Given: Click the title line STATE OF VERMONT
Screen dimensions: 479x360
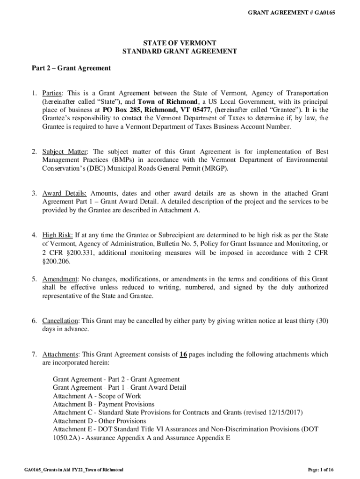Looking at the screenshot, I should [x=180, y=43].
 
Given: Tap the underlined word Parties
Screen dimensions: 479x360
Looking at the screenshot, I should [x=52, y=93].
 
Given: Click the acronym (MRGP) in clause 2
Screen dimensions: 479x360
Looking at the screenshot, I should [x=214, y=169].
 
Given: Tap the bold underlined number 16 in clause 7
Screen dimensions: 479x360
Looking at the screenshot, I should [x=183, y=355].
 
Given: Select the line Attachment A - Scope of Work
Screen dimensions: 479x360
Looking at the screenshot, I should [x=97, y=396].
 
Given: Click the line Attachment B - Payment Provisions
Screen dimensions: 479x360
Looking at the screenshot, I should [x=103, y=404].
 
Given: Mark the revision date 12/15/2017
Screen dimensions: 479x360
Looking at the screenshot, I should [x=285, y=413].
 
